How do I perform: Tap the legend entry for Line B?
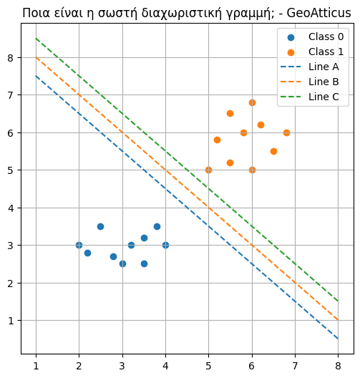324,84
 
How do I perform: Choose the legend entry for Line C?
324,100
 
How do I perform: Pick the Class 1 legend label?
326,52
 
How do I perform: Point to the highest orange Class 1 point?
252,102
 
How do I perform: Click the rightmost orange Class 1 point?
286,132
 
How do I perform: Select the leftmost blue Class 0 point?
79,245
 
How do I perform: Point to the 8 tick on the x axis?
338,369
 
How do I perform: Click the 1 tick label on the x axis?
36,369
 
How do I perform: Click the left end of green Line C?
36,39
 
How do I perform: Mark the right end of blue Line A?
338,339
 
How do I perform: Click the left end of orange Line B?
36,57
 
